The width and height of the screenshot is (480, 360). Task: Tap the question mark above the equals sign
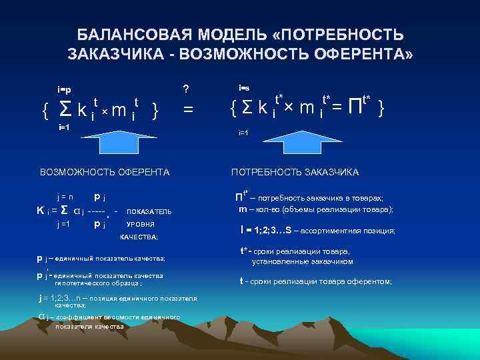click(186, 88)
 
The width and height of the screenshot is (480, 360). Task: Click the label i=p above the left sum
click(65, 89)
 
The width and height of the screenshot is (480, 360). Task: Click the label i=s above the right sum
click(244, 87)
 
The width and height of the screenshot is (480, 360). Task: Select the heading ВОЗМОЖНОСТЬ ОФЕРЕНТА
click(105, 173)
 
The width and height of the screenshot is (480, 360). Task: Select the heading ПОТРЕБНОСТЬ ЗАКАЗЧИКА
click(295, 173)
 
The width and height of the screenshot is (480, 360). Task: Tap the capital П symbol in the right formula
click(355, 107)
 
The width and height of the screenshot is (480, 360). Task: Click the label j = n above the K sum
click(65, 197)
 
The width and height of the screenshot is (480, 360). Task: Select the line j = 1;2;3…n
click(117, 297)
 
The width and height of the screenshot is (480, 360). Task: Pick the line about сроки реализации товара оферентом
click(317, 281)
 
